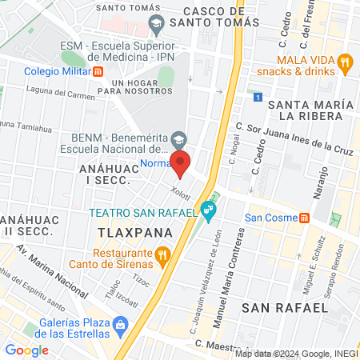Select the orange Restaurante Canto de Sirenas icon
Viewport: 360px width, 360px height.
click(x=162, y=256)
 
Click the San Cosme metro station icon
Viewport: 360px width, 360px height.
click(x=305, y=218)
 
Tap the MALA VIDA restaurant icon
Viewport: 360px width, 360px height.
click(x=345, y=62)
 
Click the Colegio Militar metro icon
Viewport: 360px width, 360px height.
click(x=98, y=70)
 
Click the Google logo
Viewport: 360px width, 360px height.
click(x=26, y=350)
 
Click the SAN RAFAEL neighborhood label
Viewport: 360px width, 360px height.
click(x=285, y=307)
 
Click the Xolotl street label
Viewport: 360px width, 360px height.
click(x=179, y=193)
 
